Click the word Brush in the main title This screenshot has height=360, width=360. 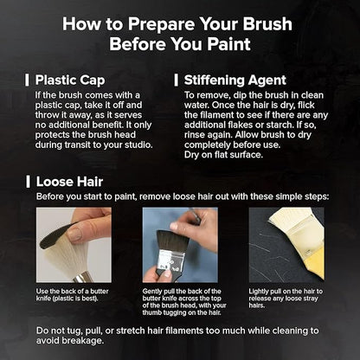tap(267, 23)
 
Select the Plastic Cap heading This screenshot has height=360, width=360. tap(70, 80)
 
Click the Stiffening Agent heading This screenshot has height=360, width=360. tap(235, 80)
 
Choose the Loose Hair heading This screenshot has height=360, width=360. tap(69, 182)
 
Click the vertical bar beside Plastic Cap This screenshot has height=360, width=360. tap(27, 80)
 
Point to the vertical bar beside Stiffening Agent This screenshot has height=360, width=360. tap(176, 80)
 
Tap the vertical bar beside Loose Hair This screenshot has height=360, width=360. tap(28, 182)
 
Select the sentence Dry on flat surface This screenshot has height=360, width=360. tap(223, 155)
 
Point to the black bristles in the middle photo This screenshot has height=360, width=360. tap(171, 241)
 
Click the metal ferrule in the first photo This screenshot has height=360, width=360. tap(81, 278)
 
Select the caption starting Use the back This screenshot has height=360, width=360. tap(72, 295)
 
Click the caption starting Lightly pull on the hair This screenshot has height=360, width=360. tap(286, 299)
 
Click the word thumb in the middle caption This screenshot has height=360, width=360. tap(151, 312)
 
